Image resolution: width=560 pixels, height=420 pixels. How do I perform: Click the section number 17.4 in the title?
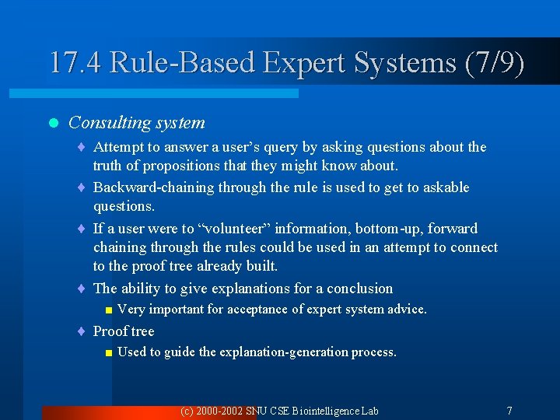click(75, 62)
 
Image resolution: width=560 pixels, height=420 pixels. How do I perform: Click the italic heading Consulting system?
click(137, 122)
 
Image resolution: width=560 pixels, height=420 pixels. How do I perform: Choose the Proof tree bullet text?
click(124, 331)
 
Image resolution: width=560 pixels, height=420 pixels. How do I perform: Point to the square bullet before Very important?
click(109, 310)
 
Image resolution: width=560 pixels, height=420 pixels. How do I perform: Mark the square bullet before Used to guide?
click(109, 353)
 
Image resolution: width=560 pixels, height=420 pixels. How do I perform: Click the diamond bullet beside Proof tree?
click(82, 332)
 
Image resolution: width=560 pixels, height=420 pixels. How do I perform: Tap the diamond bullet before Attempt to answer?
click(82, 148)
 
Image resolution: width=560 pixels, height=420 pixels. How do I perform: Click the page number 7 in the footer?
click(509, 411)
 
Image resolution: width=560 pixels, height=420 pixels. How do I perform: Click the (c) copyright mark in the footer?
click(187, 411)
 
